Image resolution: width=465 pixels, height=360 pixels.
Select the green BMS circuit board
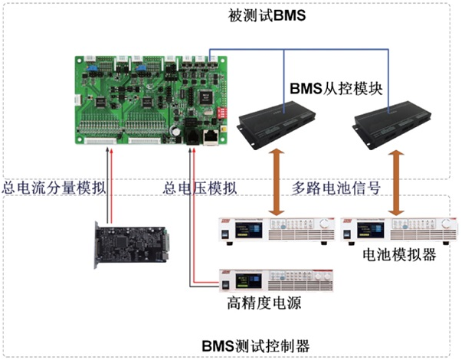tap(153, 100)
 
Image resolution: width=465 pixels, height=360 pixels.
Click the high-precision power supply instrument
tap(275, 279)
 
